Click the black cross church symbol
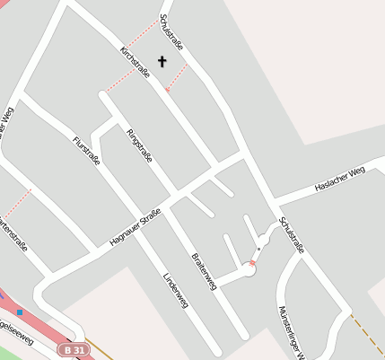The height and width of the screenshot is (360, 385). point(162,62)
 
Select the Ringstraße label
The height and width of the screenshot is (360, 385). point(139,146)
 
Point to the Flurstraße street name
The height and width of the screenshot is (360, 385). point(86,149)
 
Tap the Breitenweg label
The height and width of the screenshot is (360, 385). point(204,270)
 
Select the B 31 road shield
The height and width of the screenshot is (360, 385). point(76,348)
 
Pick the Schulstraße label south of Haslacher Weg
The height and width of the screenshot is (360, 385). point(292,235)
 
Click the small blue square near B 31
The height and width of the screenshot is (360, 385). point(20,312)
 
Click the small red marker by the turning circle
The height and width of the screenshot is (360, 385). point(253,262)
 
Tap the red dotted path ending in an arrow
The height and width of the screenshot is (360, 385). point(176,80)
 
